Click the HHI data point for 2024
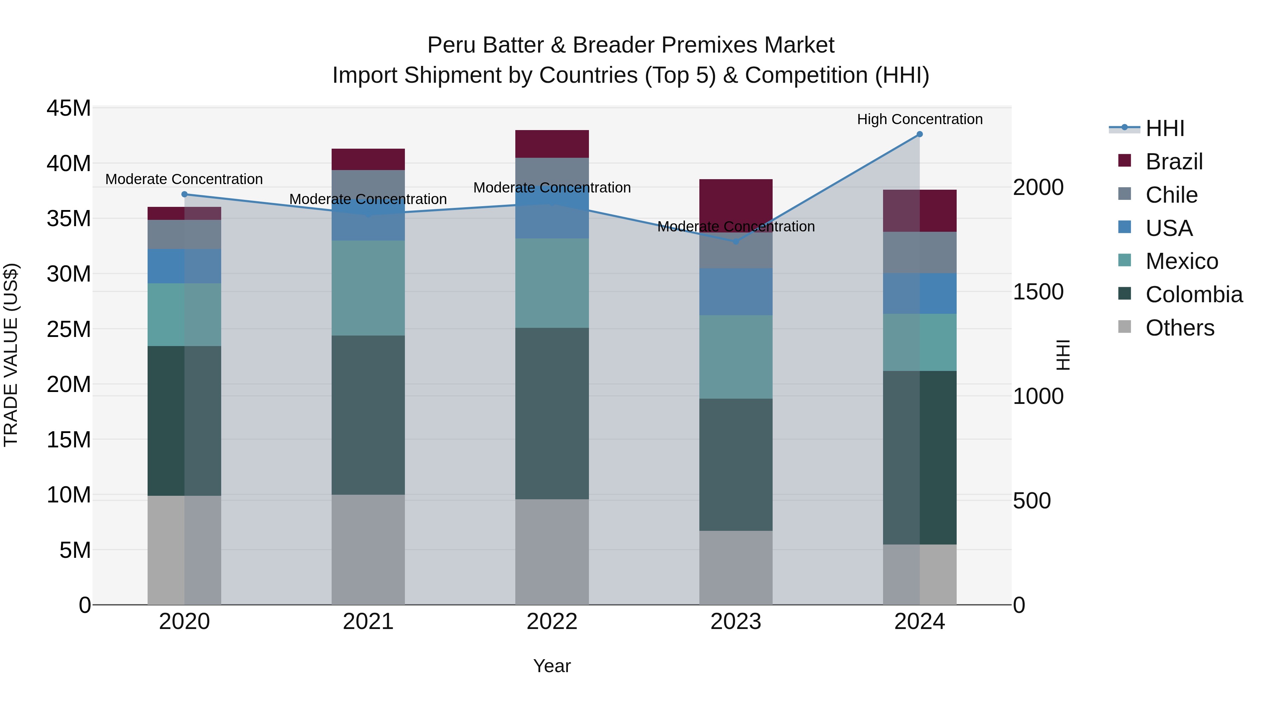click(x=920, y=134)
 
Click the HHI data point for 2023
click(x=735, y=242)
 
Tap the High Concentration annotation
click(x=920, y=120)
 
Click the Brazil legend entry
click(x=1174, y=162)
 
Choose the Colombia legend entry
click(x=1193, y=295)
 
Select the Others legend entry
click(x=1179, y=328)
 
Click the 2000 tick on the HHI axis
click(x=1038, y=187)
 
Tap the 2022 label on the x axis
click(x=552, y=622)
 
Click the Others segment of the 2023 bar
click(x=735, y=567)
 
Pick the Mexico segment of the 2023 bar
click(x=735, y=357)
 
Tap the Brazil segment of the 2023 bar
click(x=735, y=201)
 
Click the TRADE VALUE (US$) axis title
click(x=11, y=355)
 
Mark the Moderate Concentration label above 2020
click(x=184, y=179)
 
